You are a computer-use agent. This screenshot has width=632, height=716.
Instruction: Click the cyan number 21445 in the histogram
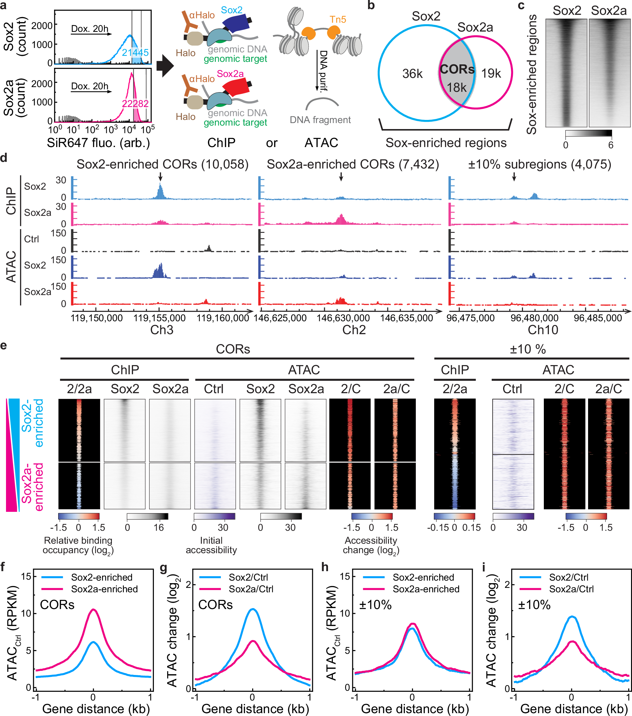135,53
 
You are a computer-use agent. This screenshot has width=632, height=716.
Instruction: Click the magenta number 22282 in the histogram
135,104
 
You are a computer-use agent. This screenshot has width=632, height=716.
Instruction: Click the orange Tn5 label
337,20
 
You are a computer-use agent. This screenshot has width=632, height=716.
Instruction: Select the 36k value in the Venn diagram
412,74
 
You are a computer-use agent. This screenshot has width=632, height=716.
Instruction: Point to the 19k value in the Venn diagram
491,74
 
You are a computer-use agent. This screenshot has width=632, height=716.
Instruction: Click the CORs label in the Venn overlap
457,69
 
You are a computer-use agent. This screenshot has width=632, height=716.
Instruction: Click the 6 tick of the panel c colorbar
611,145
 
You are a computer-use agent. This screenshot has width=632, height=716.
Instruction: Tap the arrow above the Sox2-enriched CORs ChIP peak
160,176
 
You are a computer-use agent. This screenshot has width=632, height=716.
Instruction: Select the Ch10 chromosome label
543,330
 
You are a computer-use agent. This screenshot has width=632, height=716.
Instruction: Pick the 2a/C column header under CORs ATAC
396,389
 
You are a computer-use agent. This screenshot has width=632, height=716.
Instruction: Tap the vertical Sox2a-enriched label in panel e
32,487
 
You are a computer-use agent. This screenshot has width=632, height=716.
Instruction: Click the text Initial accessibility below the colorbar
211,545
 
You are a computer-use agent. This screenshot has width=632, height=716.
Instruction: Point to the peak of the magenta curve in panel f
93,610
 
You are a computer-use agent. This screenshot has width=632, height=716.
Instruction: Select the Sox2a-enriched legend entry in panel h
426,589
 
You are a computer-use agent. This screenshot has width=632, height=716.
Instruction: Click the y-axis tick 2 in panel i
507,585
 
